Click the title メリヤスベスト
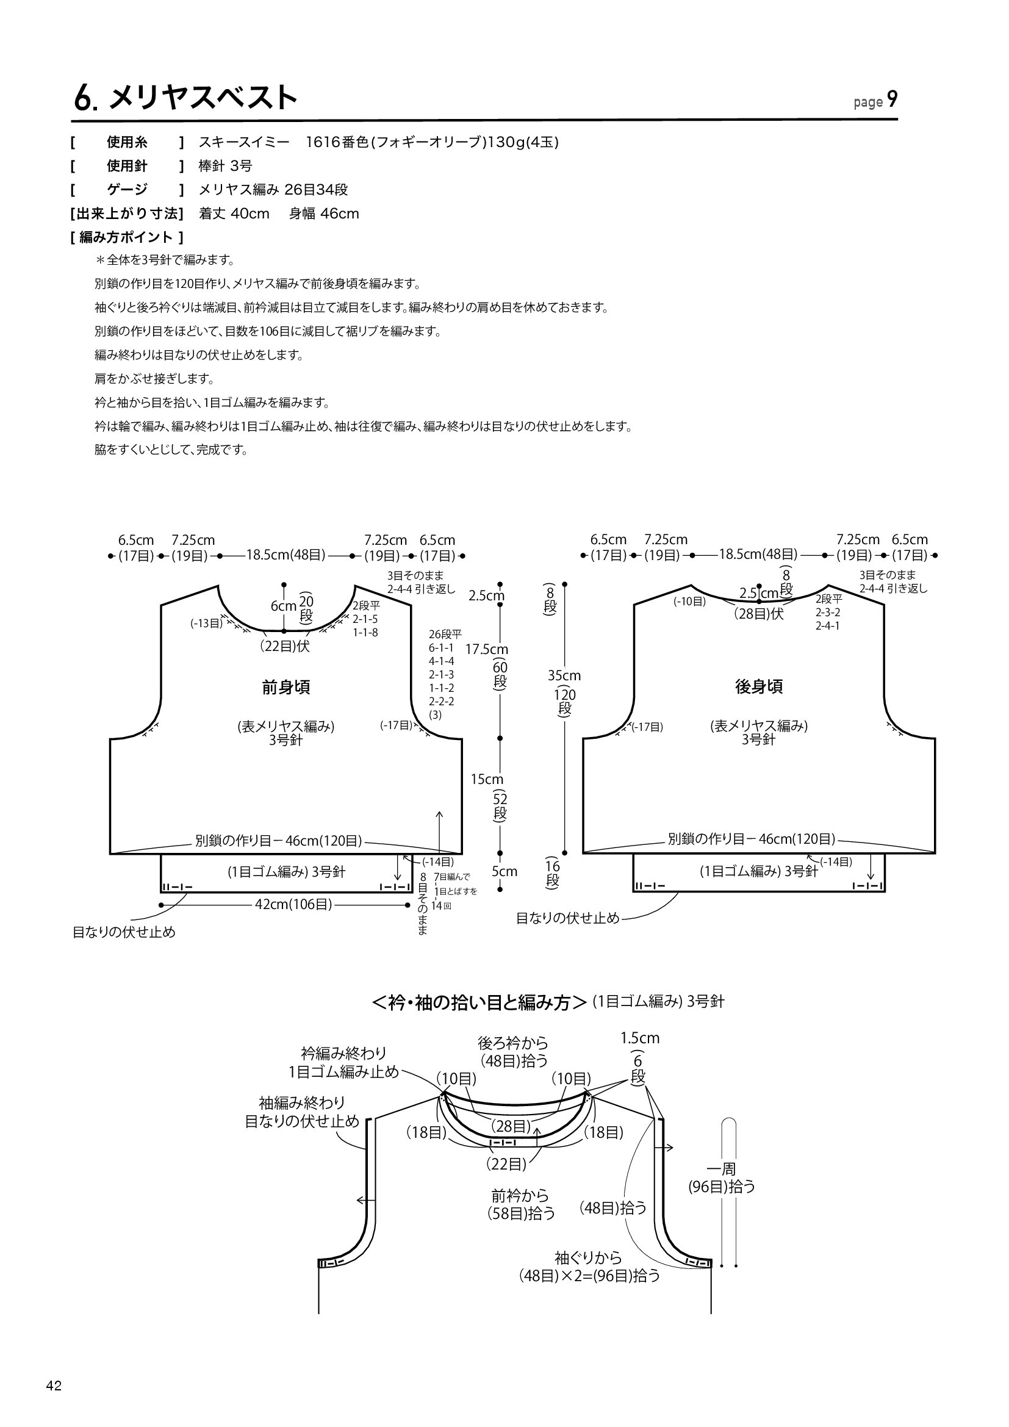[203, 98]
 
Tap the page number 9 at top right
[892, 99]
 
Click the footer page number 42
[54, 1386]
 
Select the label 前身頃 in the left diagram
[285, 687]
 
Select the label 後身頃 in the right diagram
[759, 686]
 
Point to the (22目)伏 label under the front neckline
[284, 646]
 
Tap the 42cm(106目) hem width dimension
[293, 904]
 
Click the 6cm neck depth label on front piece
[283, 605]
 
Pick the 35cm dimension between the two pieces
[564, 675]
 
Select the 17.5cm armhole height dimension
[486, 650]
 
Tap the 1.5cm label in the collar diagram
[640, 1038]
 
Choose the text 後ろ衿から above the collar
[513, 1042]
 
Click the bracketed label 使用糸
[127, 142]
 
